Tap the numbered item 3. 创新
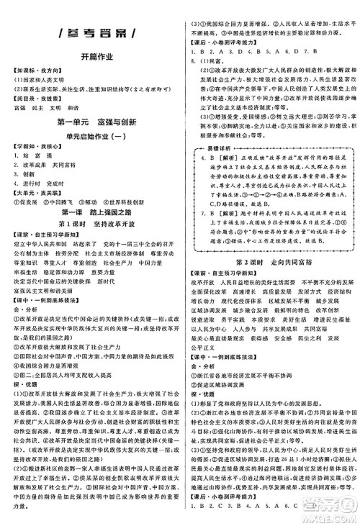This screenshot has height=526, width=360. (18, 174)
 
